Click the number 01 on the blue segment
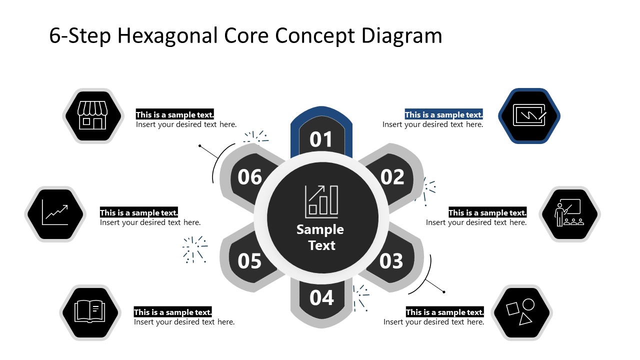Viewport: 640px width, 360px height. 321,140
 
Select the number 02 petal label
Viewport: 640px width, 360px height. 392,177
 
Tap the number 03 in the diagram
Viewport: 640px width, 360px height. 391,261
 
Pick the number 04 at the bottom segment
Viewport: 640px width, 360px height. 321,298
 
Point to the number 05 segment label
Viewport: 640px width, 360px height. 249,261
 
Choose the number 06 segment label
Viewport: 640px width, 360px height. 249,177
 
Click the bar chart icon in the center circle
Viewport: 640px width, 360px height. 321,201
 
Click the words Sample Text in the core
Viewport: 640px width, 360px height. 320,237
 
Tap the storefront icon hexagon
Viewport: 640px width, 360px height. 92,116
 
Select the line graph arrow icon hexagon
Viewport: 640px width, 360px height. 55,214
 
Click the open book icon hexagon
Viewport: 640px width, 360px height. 89,312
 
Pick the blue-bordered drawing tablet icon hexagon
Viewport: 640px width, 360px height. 529,116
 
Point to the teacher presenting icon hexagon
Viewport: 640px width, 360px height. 569,214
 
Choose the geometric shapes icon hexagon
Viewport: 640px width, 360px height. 521,312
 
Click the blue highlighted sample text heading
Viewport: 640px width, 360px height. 443,114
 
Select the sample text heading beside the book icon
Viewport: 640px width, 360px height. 172,312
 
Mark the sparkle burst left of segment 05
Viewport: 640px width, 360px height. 194,249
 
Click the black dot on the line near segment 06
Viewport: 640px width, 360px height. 200,146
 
